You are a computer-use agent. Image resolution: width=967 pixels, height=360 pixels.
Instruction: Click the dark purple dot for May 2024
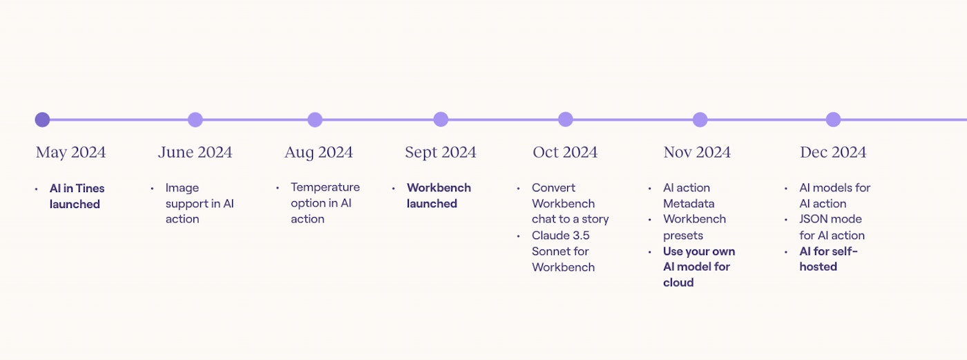coord(42,120)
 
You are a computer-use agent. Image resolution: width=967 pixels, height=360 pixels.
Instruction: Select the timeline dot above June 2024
coord(195,120)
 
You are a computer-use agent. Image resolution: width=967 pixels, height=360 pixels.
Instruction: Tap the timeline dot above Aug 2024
coord(315,120)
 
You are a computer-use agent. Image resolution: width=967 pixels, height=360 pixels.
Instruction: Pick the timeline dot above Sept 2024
coord(441,120)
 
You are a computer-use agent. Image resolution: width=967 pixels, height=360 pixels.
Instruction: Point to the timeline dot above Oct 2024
coord(566,120)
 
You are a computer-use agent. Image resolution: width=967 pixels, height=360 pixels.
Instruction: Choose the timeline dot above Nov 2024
coord(700,120)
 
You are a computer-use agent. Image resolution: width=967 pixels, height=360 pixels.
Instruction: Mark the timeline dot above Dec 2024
coord(833,120)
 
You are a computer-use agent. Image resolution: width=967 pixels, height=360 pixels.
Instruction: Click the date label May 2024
coord(70,153)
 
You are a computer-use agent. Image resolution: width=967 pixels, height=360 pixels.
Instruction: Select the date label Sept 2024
coord(441,153)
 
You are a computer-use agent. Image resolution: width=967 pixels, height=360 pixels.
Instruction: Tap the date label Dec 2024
coord(833,153)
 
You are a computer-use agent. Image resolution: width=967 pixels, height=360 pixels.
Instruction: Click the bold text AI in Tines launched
coord(77,196)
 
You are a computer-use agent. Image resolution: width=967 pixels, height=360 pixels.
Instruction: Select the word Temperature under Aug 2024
coord(325,187)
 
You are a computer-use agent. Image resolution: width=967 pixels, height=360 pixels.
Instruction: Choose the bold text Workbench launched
coord(439,196)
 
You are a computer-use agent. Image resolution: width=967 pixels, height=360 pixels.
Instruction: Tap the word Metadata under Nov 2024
coord(689,204)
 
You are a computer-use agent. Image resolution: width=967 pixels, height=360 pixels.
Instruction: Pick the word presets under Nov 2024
coord(683,236)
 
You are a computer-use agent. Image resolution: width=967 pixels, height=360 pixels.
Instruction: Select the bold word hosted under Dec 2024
coord(818,267)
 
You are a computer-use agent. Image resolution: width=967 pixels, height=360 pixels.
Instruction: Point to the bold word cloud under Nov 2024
coord(678,283)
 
